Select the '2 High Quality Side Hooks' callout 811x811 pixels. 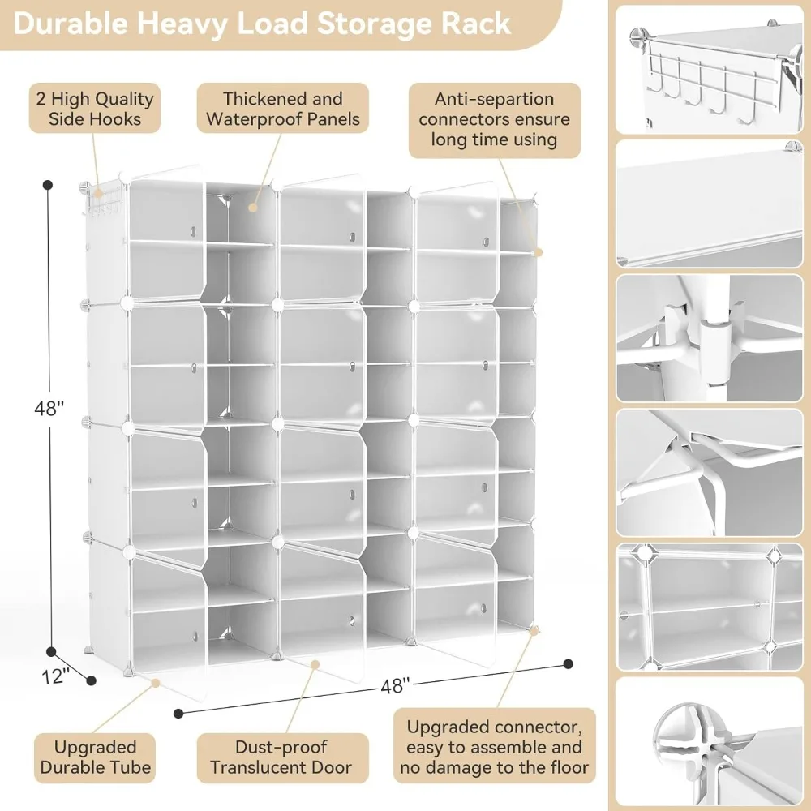pos(93,109)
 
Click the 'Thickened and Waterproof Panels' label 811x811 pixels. pos(283,109)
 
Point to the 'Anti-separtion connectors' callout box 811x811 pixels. pos(494,119)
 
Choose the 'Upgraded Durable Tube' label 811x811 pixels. pos(95,757)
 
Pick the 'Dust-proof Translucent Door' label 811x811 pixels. pos(282,757)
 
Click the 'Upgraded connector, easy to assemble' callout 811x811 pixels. pos(494,747)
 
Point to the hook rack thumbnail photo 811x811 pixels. pos(709,69)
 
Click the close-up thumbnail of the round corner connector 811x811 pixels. pos(709,741)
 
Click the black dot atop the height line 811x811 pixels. pos(48,185)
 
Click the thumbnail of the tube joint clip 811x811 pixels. pos(709,338)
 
